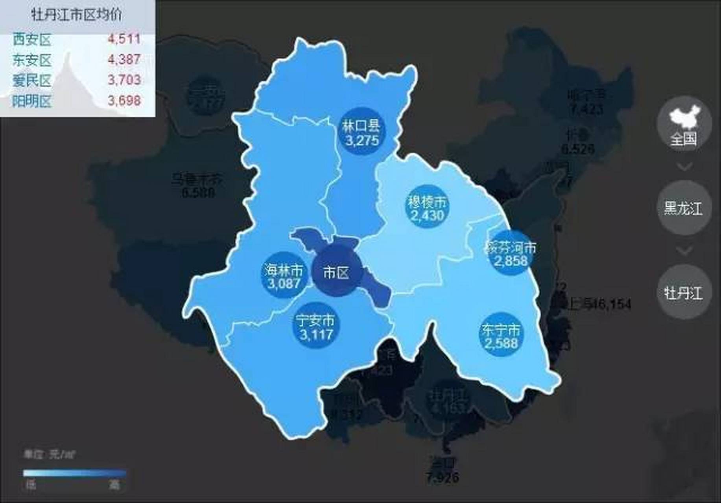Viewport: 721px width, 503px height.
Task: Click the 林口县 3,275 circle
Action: pos(361,131)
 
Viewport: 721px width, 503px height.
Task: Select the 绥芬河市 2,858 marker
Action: pos(511,253)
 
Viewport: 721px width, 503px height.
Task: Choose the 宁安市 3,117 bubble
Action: pos(316,327)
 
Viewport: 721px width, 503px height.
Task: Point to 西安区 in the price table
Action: pos(32,39)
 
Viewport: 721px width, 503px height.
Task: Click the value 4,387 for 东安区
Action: pos(124,59)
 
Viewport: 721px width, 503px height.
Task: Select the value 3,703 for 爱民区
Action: pos(124,80)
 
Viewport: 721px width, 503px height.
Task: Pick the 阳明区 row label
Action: pos(32,101)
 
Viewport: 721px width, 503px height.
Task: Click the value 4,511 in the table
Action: pos(124,39)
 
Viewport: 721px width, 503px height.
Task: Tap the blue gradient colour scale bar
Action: pos(75,473)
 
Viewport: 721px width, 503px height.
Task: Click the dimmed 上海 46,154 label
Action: pos(596,304)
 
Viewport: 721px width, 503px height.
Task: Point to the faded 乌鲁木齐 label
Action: pos(197,180)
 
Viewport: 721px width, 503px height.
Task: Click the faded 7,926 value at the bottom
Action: pos(442,477)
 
